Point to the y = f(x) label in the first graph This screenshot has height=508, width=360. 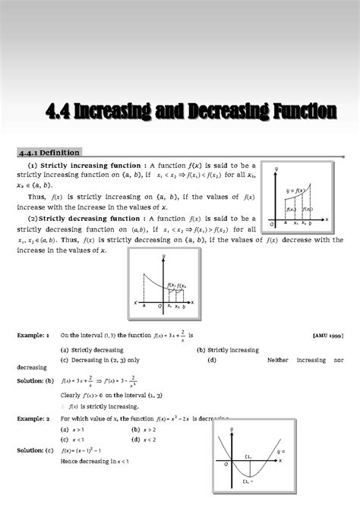point(296,191)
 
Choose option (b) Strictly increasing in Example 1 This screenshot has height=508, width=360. point(226,350)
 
